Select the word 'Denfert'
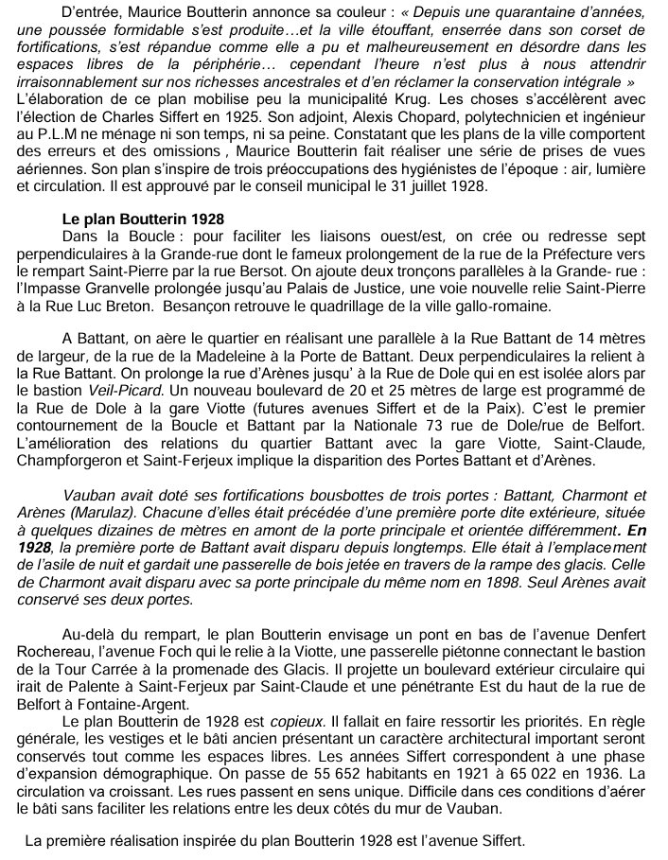pyautogui.click(x=614, y=633)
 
